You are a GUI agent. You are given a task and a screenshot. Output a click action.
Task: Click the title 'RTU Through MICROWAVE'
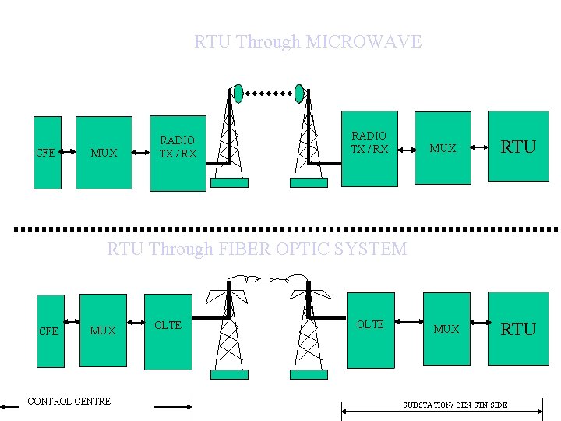[308, 41]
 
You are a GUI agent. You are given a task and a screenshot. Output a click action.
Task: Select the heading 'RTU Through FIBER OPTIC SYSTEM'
[256, 249]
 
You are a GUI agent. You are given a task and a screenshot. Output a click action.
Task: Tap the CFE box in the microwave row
[48, 153]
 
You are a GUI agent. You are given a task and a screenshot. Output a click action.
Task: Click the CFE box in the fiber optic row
[51, 331]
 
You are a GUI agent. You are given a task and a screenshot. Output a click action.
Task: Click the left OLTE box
[168, 331]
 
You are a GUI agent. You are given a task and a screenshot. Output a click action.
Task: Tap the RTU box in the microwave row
[517, 147]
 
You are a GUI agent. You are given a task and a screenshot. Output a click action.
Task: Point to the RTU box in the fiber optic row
[518, 329]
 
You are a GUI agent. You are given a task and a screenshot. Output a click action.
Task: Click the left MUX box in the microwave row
[104, 153]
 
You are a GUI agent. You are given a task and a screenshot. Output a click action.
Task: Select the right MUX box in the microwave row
[443, 148]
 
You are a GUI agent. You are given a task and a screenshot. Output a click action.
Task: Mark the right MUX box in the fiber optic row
[446, 329]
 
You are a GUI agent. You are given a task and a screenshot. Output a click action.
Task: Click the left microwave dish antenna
[238, 94]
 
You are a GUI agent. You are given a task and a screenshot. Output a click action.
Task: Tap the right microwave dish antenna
[299, 94]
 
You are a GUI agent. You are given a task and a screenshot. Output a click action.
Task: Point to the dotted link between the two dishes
[269, 94]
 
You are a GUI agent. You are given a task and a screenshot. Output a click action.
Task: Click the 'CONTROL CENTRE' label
[69, 402]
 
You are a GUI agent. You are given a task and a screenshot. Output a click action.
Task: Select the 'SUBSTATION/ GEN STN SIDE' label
[455, 405]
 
